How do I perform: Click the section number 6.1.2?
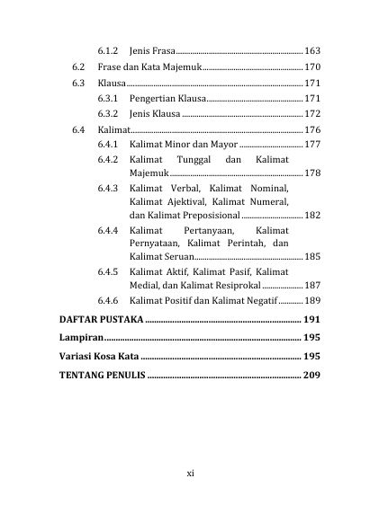(109, 49)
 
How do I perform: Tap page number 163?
(311, 49)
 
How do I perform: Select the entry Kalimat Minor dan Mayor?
(184, 144)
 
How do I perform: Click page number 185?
(311, 257)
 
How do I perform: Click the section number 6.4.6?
(109, 301)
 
